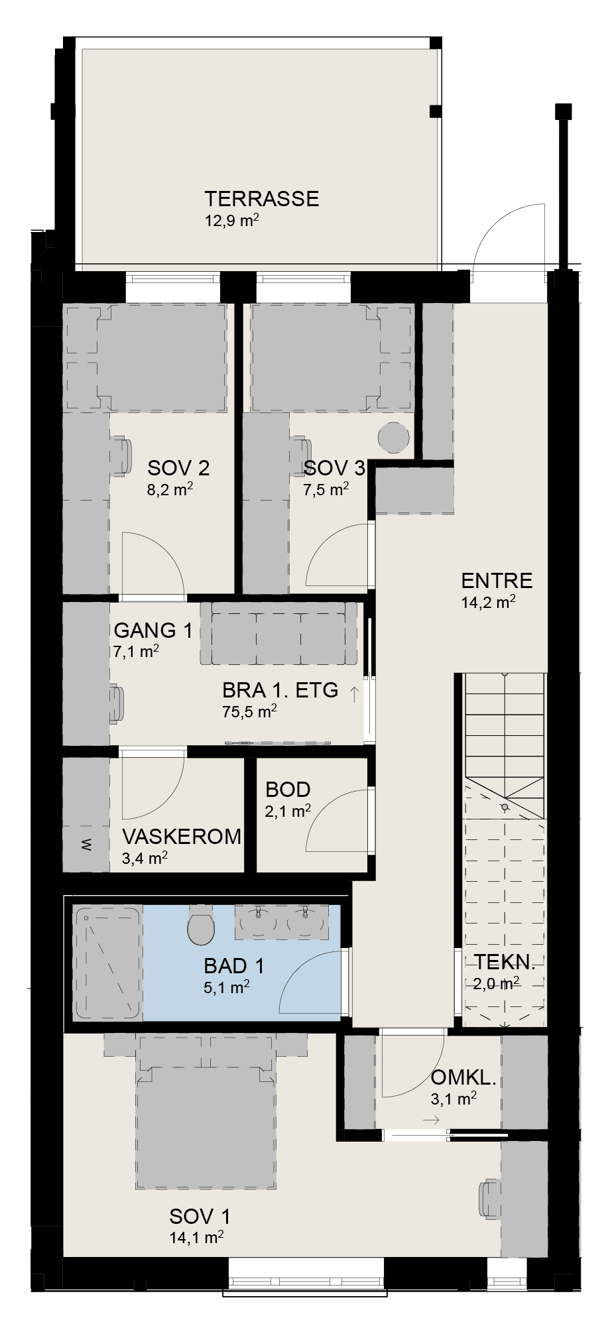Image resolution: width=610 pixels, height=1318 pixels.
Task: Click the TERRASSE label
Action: pos(262,199)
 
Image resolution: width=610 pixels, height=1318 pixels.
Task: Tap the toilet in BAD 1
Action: pos(201,926)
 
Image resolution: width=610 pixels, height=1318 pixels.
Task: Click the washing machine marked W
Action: pos(87,844)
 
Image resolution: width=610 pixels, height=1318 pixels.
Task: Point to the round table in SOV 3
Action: pos(393,438)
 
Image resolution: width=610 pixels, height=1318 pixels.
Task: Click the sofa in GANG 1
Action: pos(281,633)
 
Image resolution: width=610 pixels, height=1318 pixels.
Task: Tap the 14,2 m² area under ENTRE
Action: pos(488,602)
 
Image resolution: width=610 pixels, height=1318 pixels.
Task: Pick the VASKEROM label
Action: pos(182,836)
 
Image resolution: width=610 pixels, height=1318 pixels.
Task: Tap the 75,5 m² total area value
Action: pos(249,712)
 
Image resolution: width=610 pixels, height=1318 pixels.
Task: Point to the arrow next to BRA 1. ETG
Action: pos(354,694)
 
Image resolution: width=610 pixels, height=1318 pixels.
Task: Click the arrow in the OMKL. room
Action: pos(431,1120)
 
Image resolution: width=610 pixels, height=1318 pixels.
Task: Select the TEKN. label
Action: pos(504,962)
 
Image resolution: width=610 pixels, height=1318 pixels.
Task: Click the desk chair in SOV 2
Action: pos(121,456)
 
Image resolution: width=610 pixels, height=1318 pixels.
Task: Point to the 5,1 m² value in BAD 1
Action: pos(227,987)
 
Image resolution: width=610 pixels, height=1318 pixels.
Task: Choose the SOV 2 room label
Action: pos(178,468)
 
